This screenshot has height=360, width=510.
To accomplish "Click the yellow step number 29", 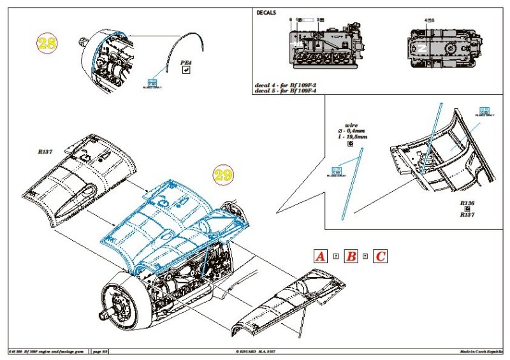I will point(223,175).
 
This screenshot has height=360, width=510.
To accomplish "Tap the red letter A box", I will point(321,257).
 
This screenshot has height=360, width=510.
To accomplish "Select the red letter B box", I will point(350,257).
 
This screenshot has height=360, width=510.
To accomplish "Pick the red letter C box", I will point(379,257).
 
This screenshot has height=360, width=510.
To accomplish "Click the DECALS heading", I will point(266,13).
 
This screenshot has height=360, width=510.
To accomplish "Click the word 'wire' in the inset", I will point(351,126).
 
